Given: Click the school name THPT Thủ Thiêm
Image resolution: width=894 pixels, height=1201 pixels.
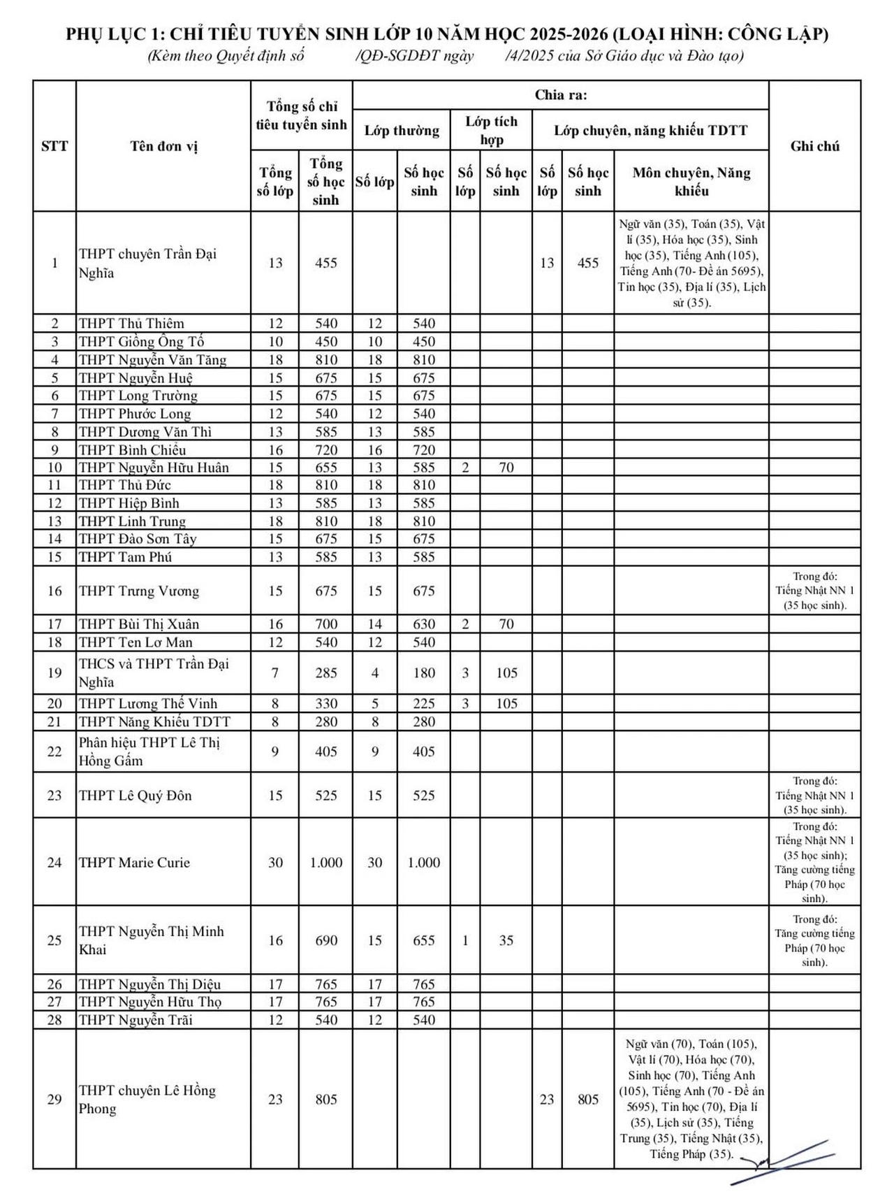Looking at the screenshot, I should point(131,324).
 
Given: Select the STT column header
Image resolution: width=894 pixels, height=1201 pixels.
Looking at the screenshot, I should point(54,146).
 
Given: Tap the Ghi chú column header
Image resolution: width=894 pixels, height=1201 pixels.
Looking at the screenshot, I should point(814,146).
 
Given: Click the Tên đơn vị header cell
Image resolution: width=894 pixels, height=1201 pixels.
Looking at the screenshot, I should point(163,146).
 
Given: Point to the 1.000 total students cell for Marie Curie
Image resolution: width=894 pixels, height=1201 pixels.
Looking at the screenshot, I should point(326,863).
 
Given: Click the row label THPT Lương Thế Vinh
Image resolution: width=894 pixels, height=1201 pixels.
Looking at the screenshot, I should point(148,704).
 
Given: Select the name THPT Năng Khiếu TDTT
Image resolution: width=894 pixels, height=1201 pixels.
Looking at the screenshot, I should point(154,722).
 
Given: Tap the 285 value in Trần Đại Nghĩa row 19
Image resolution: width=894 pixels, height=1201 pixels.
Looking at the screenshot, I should point(326,673).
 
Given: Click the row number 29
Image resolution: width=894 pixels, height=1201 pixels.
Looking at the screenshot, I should point(54,1100).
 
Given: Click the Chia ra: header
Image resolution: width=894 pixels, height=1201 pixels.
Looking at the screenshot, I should point(560,95).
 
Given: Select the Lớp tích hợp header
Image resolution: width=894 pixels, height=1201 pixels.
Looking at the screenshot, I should point(491,130).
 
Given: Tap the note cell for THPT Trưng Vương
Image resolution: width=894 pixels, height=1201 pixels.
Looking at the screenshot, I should point(814,591).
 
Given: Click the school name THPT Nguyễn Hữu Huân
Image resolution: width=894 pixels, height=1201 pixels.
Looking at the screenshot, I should point(154,468).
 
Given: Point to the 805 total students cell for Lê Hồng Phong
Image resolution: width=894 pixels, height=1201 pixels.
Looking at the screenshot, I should point(326,1100).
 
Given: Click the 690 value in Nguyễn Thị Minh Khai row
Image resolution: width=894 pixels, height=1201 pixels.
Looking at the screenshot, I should point(326,941).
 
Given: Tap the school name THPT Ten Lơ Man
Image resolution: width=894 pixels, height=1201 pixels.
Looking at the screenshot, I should point(135,642).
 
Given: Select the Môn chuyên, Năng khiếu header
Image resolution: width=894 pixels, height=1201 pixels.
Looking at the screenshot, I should point(691,181).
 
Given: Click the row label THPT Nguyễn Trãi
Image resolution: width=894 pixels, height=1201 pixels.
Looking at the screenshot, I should point(135,1020).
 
